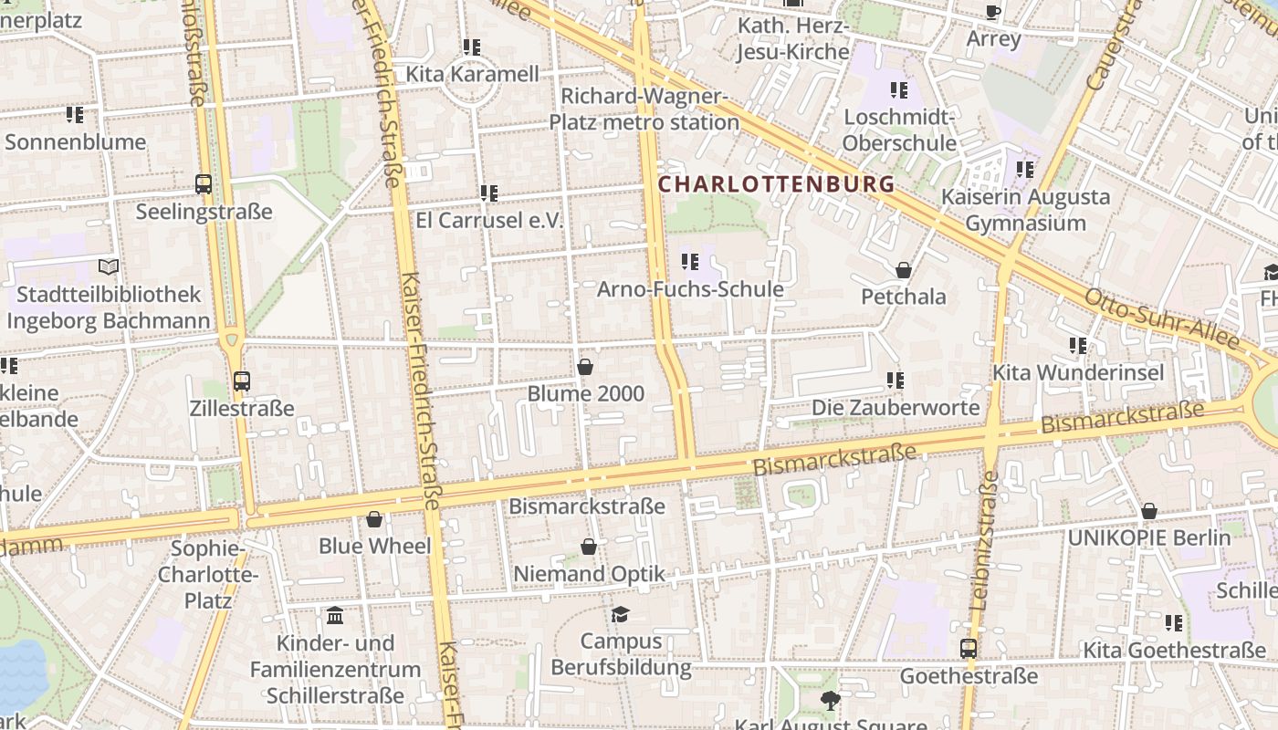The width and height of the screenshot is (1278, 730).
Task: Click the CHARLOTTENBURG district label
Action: tap(776, 184)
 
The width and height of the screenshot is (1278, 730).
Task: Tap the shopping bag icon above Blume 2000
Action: tap(585, 367)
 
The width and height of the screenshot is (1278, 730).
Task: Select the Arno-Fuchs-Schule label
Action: tap(690, 289)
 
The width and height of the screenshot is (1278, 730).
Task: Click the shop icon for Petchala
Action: tap(903, 270)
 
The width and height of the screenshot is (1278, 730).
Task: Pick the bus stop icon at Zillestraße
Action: tap(242, 381)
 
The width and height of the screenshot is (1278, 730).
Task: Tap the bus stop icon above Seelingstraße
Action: tap(204, 184)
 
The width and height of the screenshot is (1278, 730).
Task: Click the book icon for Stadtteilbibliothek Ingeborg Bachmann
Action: tap(109, 267)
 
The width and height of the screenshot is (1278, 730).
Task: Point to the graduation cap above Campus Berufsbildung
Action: tap(621, 614)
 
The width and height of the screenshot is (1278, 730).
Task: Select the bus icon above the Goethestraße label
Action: tap(969, 649)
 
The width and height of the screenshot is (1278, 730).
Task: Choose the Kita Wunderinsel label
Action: tap(1077, 372)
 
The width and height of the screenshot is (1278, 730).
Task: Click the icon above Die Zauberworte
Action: tap(895, 380)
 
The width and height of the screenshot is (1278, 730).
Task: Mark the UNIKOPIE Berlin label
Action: tap(1148, 537)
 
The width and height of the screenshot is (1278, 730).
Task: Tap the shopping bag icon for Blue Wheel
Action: tap(374, 519)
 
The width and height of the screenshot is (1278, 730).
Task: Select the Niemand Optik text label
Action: tap(589, 574)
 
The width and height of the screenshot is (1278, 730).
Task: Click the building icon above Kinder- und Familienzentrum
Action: tap(335, 616)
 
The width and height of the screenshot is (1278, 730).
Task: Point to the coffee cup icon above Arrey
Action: tap(993, 12)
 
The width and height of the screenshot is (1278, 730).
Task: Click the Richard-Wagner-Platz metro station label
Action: tap(644, 109)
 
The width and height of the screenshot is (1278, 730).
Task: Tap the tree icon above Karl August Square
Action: tap(830, 700)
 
